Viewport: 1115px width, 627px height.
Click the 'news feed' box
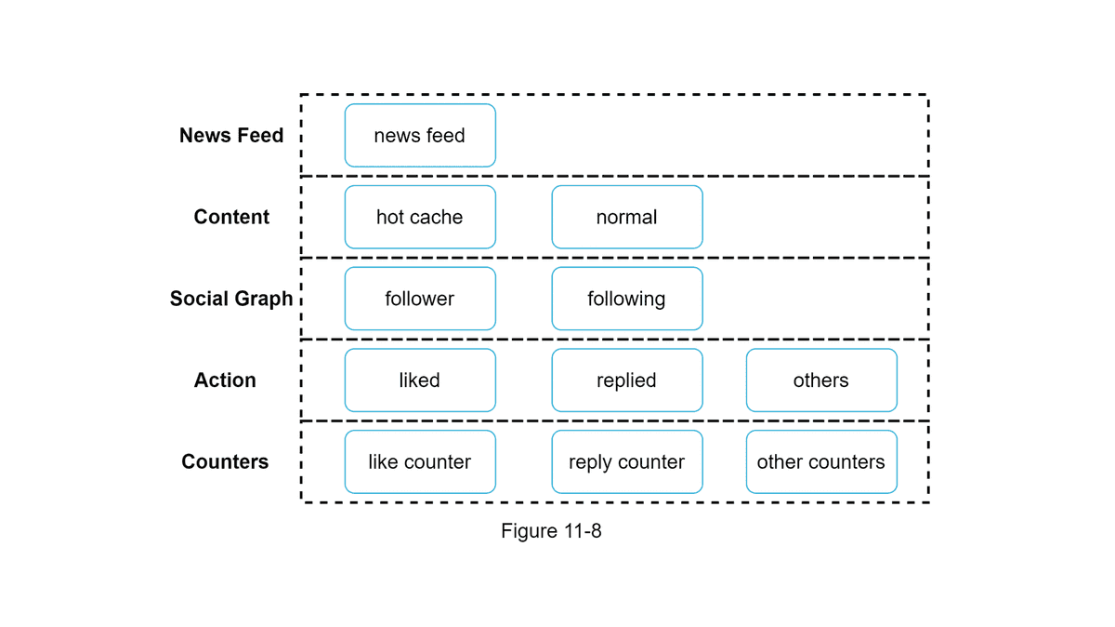pos(420,136)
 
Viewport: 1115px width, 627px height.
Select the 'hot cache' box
pos(420,217)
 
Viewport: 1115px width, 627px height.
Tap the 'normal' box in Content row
pos(627,217)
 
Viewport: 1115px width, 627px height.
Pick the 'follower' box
pos(420,299)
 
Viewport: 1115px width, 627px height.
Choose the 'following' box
pos(627,299)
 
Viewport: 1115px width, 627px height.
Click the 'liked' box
pos(420,380)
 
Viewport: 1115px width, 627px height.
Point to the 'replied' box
pos(627,380)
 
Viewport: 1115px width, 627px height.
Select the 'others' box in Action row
pos(821,380)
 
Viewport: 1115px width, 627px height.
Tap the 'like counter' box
pos(420,462)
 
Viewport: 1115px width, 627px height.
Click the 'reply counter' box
pos(627,462)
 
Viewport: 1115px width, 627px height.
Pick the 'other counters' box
pos(821,462)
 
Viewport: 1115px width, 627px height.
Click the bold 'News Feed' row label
pos(231,136)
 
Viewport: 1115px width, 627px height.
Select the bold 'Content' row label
pos(231,217)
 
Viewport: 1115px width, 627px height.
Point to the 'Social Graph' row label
pos(231,299)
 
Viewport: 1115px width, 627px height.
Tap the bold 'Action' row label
pos(225,380)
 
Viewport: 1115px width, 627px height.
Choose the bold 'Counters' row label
pos(225,462)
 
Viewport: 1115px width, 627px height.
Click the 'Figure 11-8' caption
pos(551,531)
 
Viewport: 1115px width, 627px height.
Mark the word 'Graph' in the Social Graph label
pos(265,300)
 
